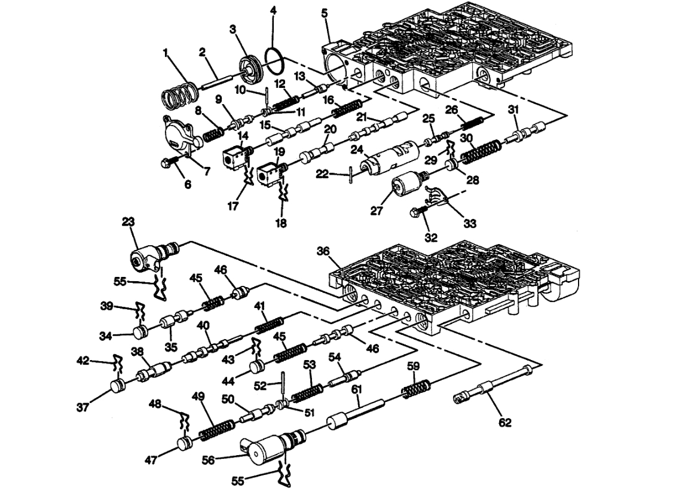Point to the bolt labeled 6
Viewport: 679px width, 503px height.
[x=170, y=161]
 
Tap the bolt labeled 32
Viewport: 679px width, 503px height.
[x=418, y=212]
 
